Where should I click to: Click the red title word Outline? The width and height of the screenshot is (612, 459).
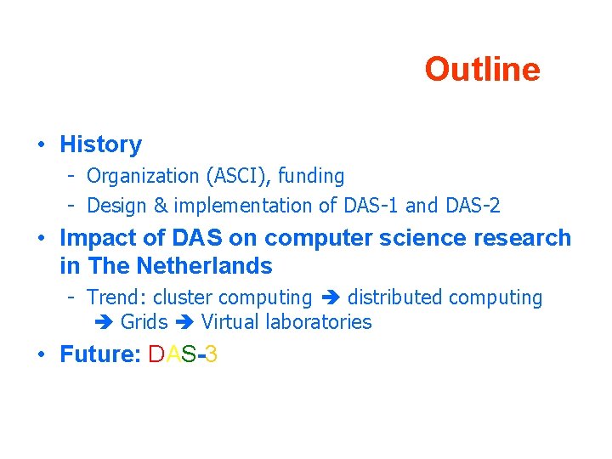coord(482,70)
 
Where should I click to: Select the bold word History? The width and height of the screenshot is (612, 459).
coord(100,144)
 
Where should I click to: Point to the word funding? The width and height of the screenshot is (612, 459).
coord(309,177)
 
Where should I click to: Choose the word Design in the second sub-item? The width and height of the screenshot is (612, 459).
coord(115,206)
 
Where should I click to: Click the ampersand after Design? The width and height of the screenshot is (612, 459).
coord(159,206)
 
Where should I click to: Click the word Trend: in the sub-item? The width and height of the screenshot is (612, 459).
coord(117,297)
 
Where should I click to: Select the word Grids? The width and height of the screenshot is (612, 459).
coord(144,322)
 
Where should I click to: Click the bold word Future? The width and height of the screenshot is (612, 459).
coord(100,354)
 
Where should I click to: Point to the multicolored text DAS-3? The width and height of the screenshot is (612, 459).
coord(183,354)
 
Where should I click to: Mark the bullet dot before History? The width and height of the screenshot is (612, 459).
coord(41,145)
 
